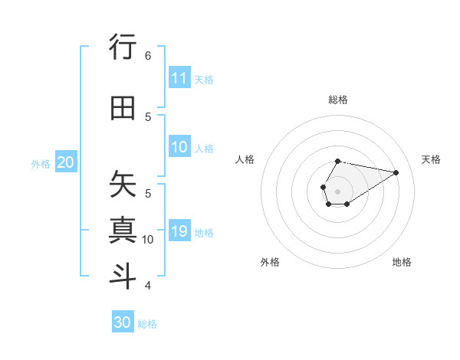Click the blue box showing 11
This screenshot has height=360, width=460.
click(179, 78)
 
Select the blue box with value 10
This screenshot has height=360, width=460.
click(179, 148)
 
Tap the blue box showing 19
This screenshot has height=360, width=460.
click(179, 231)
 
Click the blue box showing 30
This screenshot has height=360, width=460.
click(123, 322)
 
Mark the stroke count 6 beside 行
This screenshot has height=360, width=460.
click(148, 55)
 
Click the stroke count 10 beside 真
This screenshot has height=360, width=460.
click(148, 239)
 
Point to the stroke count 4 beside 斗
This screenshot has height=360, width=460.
click(148, 285)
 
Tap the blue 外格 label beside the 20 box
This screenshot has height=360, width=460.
click(41, 163)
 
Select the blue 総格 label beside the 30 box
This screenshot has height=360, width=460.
click(147, 323)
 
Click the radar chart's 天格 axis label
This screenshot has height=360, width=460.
click(431, 159)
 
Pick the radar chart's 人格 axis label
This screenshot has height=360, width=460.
click(245, 159)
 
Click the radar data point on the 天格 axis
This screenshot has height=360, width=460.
click(396, 172)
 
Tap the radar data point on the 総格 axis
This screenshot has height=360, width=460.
click(338, 162)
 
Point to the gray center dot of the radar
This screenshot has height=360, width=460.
click(338, 191)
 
